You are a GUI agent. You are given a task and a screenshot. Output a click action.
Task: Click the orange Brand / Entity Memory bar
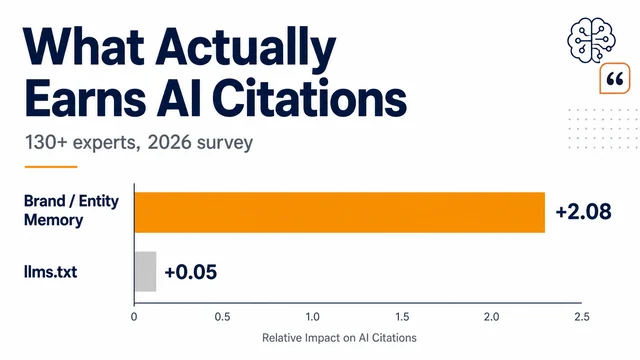tap(340, 212)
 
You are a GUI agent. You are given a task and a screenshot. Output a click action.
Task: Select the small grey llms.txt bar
tap(146, 271)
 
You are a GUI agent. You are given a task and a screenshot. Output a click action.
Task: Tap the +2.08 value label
tap(583, 212)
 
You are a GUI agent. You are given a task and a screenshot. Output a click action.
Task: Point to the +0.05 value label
tap(191, 272)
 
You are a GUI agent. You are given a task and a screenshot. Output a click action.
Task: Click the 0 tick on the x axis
tap(134, 317)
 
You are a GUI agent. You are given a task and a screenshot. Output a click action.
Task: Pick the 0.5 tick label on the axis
tap(222, 317)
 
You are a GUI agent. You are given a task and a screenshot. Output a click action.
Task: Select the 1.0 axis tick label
tap(312, 317)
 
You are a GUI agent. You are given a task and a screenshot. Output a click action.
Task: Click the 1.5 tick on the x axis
tap(402, 317)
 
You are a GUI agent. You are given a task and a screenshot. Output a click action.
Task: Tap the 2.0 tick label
tap(491, 317)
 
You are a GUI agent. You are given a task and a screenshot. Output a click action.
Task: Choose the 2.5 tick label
tap(582, 317)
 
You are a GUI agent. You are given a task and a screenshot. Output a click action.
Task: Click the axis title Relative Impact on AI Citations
tap(339, 338)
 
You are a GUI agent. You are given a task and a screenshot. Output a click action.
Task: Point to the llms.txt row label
tap(51, 272)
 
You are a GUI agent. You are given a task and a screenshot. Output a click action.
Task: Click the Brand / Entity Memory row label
tap(71, 210)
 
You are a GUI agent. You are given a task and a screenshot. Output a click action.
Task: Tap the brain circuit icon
tap(591, 40)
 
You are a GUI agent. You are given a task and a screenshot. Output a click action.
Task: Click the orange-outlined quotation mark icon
tap(615, 78)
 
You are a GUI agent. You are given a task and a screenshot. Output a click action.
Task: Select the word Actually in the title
tap(245, 47)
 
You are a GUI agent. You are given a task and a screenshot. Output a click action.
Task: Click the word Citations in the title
tap(309, 98)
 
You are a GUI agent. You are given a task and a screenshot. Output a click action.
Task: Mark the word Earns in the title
tap(85, 99)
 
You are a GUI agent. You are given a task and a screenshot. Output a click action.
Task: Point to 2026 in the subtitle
tap(169, 142)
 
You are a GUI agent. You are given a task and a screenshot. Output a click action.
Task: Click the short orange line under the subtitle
tap(51, 167)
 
